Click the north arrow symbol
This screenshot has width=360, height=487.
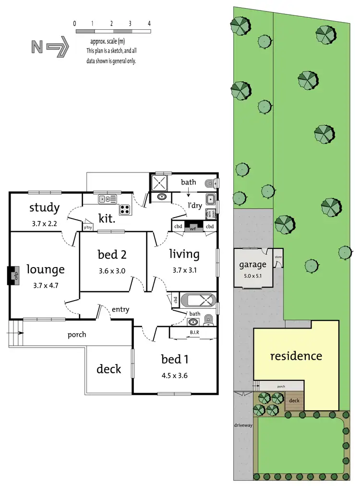(50, 47)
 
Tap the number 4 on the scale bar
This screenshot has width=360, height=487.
(150, 23)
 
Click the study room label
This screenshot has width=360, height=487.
(44, 208)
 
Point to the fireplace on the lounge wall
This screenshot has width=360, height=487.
(14, 276)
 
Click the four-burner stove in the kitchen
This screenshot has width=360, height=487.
(125, 209)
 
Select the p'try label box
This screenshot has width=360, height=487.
(88, 228)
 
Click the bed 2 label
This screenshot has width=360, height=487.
(112, 254)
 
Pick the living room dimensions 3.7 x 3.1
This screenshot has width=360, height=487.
(185, 271)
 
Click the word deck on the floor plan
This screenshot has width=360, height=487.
(109, 369)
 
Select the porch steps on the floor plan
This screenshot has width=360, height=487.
(15, 332)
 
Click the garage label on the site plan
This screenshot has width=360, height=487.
(252, 265)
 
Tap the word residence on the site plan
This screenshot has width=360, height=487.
(296, 356)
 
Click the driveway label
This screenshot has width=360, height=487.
(243, 425)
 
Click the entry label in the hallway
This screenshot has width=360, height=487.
(120, 310)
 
